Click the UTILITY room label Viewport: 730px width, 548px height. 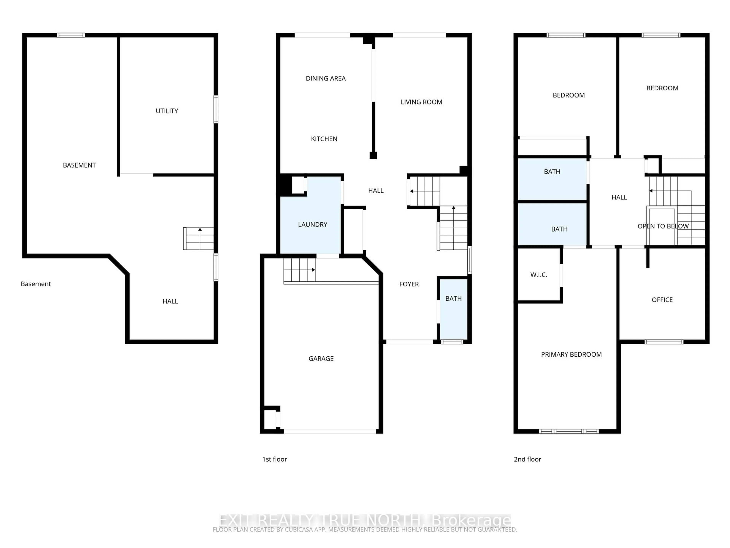pyautogui.click(x=167, y=111)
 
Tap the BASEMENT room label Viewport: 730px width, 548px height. pyautogui.click(x=79, y=165)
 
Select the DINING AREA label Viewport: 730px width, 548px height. pyautogui.click(x=325, y=78)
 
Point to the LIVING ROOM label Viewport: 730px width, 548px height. pyautogui.click(x=421, y=102)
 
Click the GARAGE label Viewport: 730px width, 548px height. pyautogui.click(x=321, y=358)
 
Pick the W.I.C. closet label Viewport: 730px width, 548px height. pyautogui.click(x=539, y=275)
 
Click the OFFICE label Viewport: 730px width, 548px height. pyautogui.click(x=662, y=300)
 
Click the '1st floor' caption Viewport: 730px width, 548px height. pyautogui.click(x=274, y=459)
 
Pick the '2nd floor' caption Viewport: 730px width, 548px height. pyautogui.click(x=527, y=459)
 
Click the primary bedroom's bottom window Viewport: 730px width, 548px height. pyautogui.click(x=569, y=431)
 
